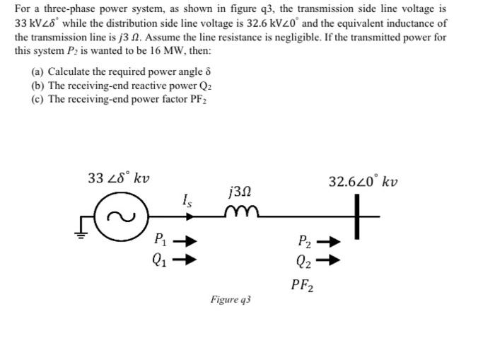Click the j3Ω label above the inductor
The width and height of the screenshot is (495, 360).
click(x=239, y=191)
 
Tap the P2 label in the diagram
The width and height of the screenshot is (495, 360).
click(x=303, y=241)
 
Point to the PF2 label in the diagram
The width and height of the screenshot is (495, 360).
click(x=303, y=285)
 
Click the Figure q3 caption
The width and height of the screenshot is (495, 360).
click(x=231, y=300)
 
